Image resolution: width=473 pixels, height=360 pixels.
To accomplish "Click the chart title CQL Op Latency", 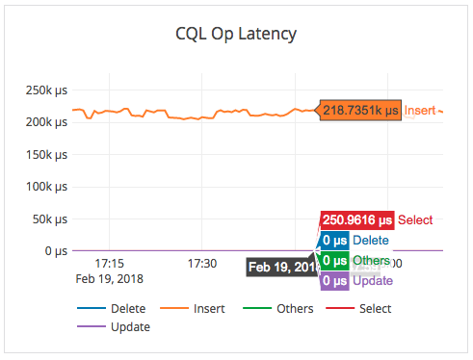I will (236, 35).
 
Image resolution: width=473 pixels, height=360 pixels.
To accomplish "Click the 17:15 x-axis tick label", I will (109, 263).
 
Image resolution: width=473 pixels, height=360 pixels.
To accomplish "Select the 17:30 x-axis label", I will (201, 263).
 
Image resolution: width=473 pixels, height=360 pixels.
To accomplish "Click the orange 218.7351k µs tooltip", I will (359, 111).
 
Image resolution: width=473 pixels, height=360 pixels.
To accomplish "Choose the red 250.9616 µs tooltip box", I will (356, 219).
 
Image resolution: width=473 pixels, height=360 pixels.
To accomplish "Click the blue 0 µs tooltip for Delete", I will (334, 240).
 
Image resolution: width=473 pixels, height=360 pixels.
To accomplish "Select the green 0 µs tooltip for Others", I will (334, 260).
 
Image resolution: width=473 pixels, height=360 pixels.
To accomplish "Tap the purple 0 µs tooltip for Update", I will (334, 280).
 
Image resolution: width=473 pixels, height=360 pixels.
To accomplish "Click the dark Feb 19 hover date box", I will (279, 267).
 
